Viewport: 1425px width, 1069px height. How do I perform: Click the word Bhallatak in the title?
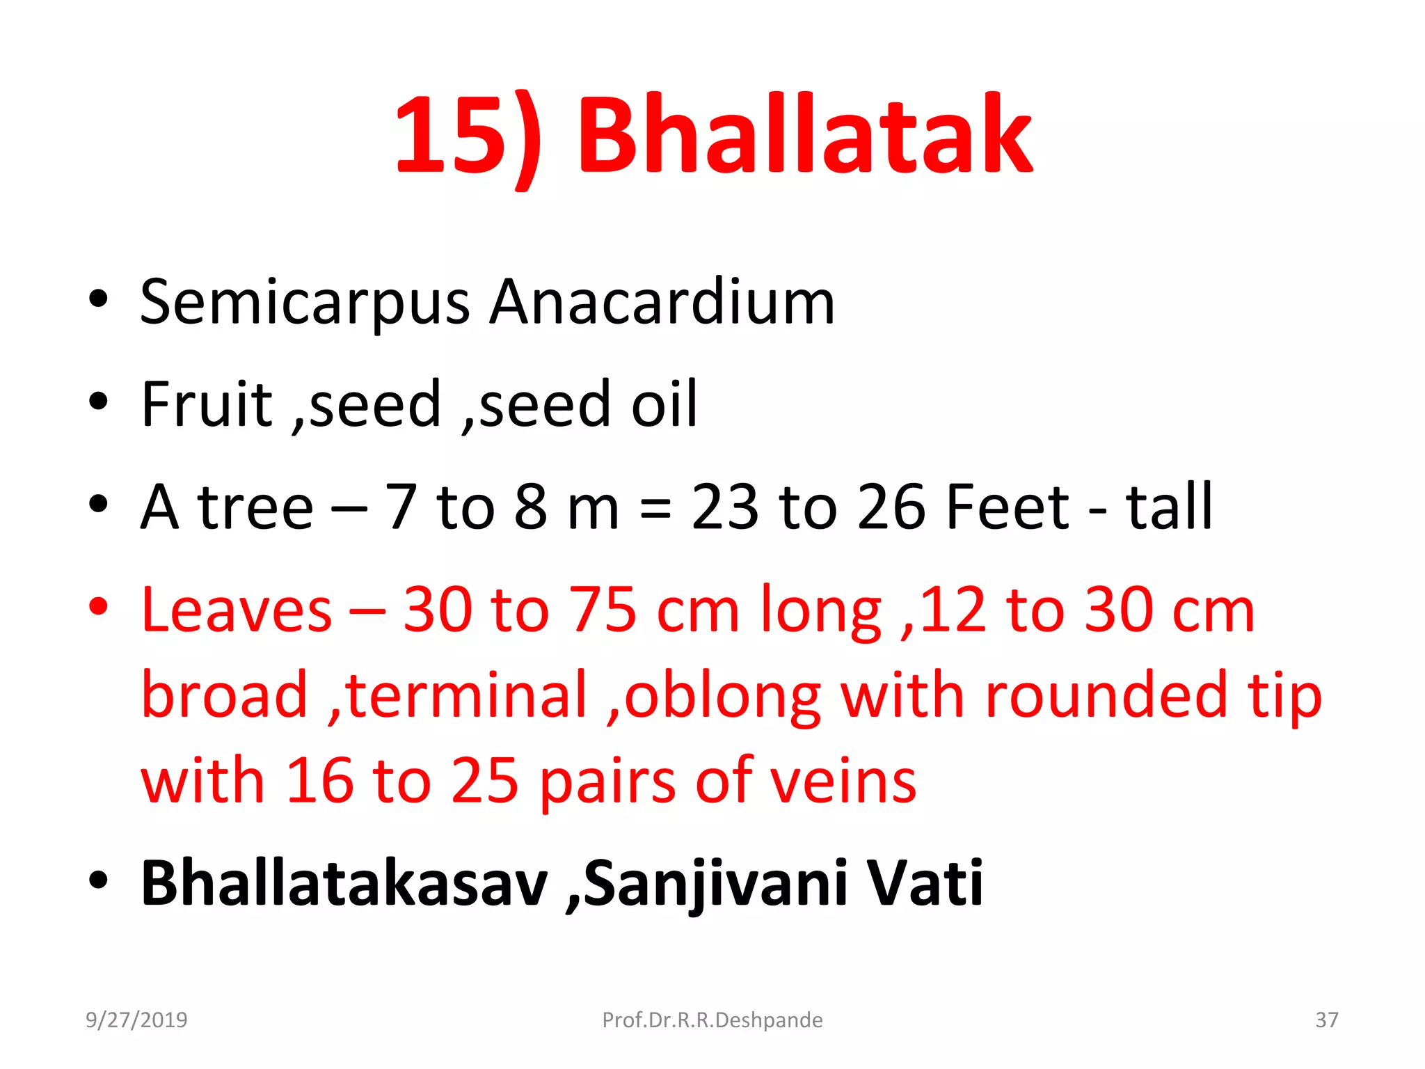[x=805, y=134]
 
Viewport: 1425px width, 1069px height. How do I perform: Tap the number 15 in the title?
[x=449, y=136]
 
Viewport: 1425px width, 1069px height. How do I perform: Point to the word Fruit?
[x=207, y=404]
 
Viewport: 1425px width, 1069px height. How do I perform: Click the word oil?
[x=664, y=404]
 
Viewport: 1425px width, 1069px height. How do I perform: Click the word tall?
[x=1169, y=507]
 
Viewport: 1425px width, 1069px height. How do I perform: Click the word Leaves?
[x=237, y=610]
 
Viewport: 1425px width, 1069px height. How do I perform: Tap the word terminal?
[x=467, y=695]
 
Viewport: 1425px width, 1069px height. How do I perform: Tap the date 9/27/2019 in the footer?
[x=136, y=1020]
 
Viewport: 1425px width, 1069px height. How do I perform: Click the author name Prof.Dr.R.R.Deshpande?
[x=712, y=1020]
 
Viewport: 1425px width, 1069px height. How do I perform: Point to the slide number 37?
[x=1326, y=1020]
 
